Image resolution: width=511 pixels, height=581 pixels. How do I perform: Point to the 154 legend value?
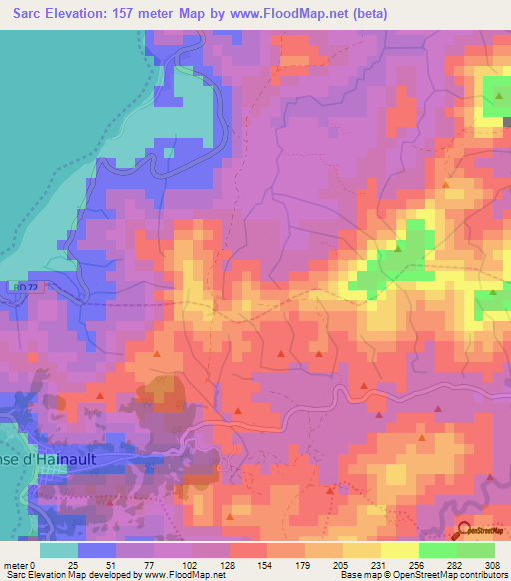click(x=266, y=565)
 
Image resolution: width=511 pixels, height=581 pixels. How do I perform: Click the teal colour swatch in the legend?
click(x=58, y=550)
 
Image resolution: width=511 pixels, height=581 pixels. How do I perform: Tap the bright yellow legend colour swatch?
click(x=399, y=550)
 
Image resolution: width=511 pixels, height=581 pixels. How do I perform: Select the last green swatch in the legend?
click(x=475, y=550)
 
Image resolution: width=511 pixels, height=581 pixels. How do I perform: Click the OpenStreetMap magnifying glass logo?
click(x=465, y=532)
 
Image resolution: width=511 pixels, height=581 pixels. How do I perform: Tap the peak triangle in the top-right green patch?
click(x=496, y=95)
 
